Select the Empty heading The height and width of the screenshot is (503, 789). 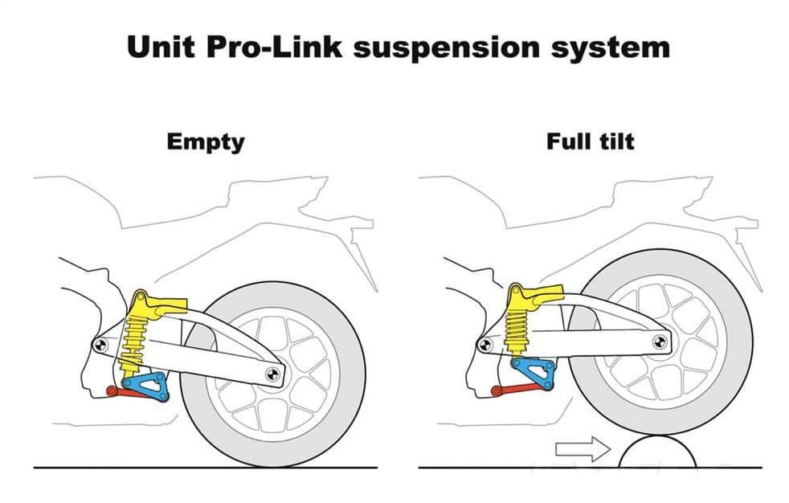tap(206, 142)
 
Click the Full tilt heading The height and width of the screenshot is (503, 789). tap(591, 141)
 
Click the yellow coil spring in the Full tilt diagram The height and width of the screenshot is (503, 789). tap(517, 330)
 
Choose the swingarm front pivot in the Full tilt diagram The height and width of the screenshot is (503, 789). tap(484, 345)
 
